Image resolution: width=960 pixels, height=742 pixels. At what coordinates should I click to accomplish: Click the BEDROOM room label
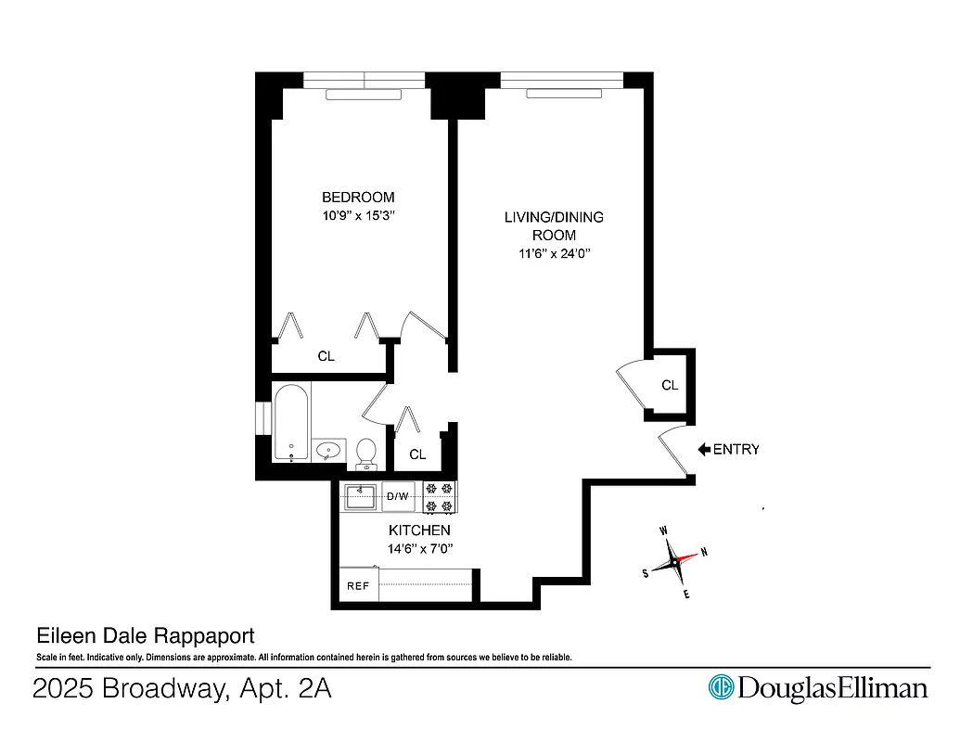coord(357,197)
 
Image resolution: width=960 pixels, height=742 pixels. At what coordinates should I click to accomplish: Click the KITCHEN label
coord(418,531)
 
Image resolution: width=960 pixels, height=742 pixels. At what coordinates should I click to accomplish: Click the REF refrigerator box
coord(358,586)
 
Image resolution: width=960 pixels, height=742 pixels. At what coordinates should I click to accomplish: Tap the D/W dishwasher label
coord(398,497)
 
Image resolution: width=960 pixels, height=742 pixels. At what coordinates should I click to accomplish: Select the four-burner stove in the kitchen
coord(440,497)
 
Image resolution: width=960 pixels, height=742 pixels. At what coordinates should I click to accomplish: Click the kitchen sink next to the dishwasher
coord(359,496)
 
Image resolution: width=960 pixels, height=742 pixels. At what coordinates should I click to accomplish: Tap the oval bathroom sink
coord(328,452)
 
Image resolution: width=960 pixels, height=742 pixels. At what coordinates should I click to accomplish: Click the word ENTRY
coord(736,450)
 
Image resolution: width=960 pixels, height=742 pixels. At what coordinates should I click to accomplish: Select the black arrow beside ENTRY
coord(704,450)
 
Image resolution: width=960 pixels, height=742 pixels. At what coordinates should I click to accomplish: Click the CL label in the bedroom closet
coord(326,356)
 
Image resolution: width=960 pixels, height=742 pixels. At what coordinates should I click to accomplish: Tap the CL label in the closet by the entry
coord(670,385)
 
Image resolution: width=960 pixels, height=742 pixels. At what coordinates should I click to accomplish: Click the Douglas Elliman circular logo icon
coord(721,687)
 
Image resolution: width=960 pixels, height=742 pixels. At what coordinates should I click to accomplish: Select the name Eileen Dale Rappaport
coord(144,637)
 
